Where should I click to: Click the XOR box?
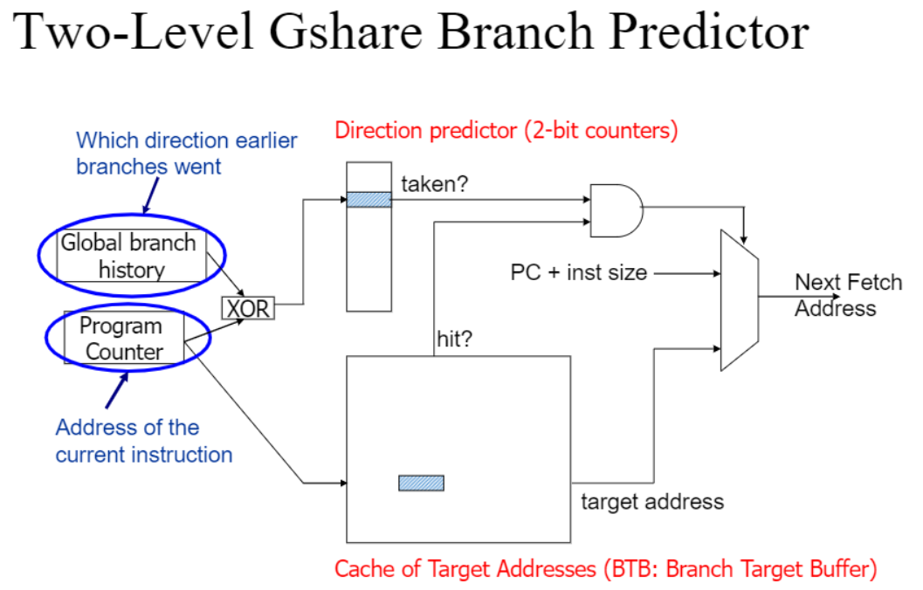[248, 308]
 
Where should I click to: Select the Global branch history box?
[131, 256]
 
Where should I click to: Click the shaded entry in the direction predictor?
[369, 199]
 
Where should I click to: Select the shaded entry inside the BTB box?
[421, 483]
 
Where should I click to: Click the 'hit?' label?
[455, 339]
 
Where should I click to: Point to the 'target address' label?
[652, 501]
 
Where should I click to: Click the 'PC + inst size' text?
[579, 272]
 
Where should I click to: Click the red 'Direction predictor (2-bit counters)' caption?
[506, 131]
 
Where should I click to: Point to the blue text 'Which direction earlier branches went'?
[186, 153]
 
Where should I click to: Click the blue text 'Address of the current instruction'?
[144, 441]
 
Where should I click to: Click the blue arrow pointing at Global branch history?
[150, 197]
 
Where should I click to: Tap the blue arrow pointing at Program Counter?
[117, 391]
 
